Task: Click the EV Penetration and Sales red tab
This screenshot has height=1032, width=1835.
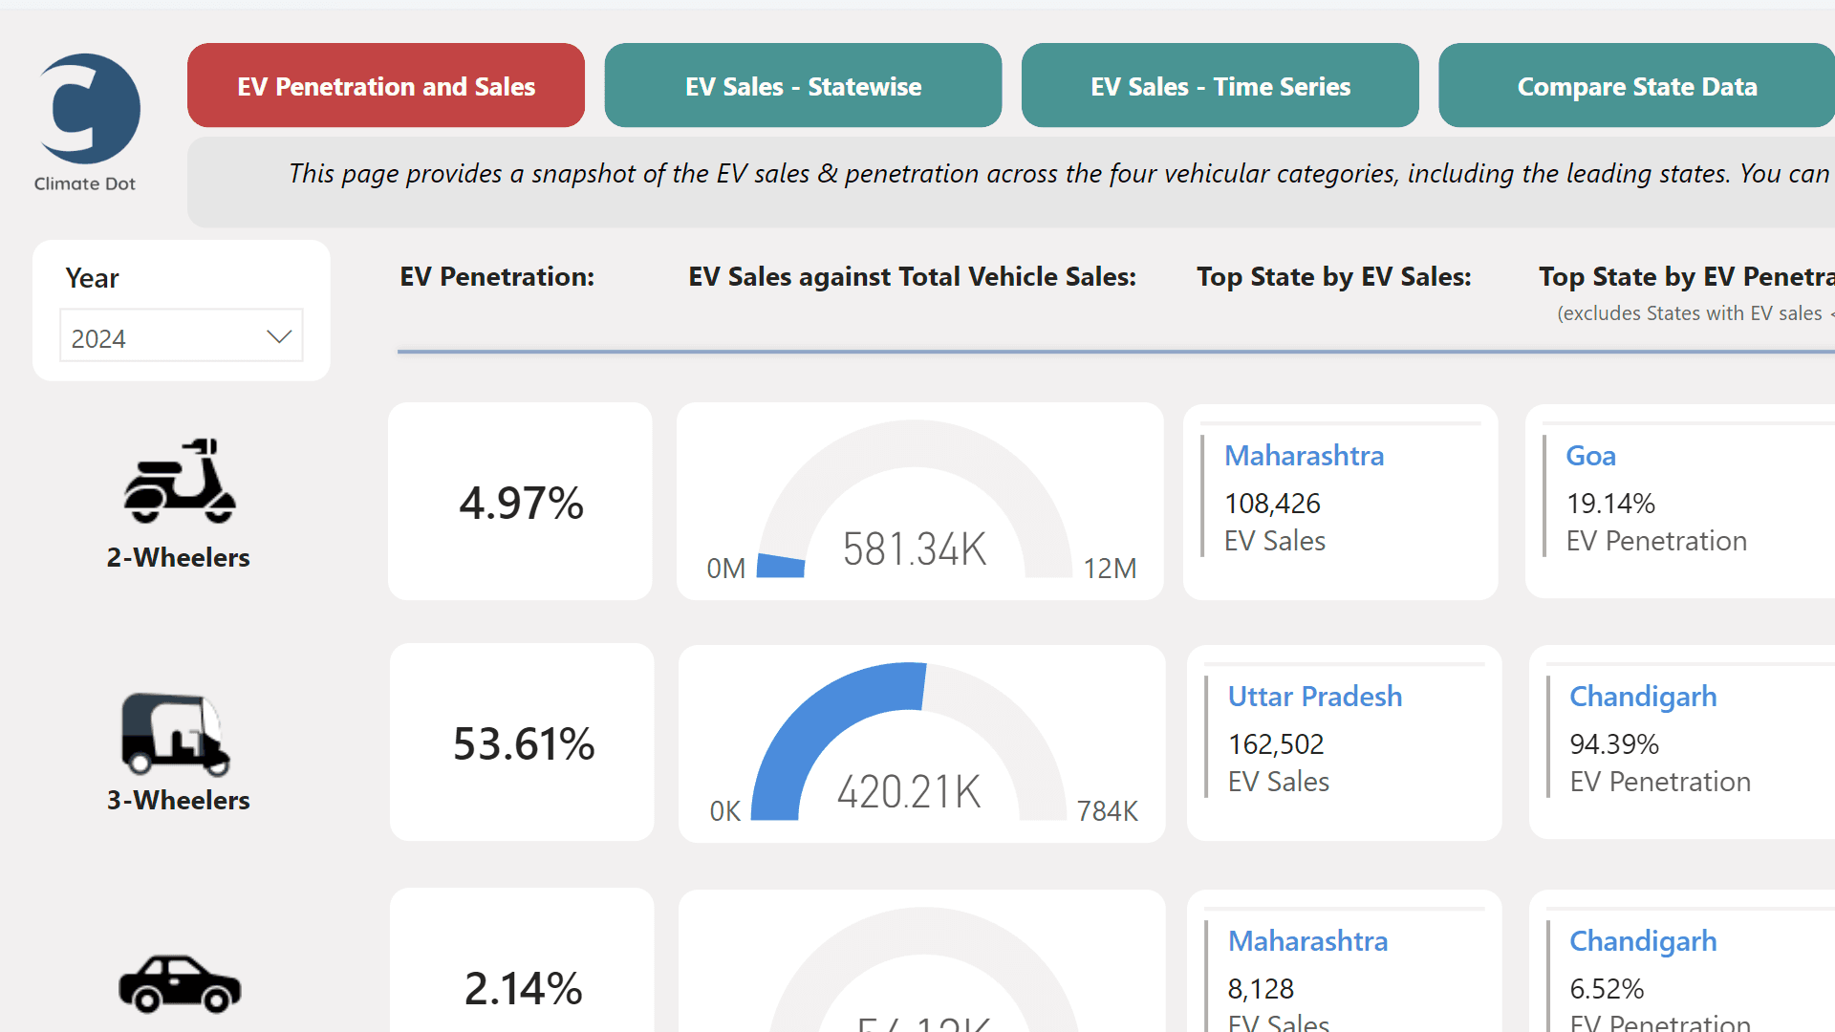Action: pos(385,86)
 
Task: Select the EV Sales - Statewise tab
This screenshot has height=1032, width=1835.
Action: pos(803,86)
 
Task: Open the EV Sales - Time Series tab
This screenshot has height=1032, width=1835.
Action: pos(1220,86)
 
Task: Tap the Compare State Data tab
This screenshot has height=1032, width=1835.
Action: pos(1636,86)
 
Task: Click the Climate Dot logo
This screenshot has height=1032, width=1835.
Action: pos(88,110)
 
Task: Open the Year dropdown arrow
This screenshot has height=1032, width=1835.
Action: pos(278,336)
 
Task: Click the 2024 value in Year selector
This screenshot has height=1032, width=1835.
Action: pos(98,338)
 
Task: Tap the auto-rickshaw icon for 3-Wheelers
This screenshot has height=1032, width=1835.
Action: pos(176,733)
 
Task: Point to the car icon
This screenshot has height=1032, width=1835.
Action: pos(180,982)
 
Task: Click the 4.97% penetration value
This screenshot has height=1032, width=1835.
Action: pos(521,503)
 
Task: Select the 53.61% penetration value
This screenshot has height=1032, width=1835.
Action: pos(524,743)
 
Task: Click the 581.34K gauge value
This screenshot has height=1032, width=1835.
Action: pos(914,549)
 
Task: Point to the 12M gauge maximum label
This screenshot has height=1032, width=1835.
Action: pos(1110,569)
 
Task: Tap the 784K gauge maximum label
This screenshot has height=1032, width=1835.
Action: pos(1107,811)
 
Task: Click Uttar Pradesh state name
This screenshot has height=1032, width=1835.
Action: pos(1314,697)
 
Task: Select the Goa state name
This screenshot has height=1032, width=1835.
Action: pos(1590,456)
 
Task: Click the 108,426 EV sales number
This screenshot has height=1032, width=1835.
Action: pos(1272,504)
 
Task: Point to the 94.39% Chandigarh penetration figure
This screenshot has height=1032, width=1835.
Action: pos(1613,744)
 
